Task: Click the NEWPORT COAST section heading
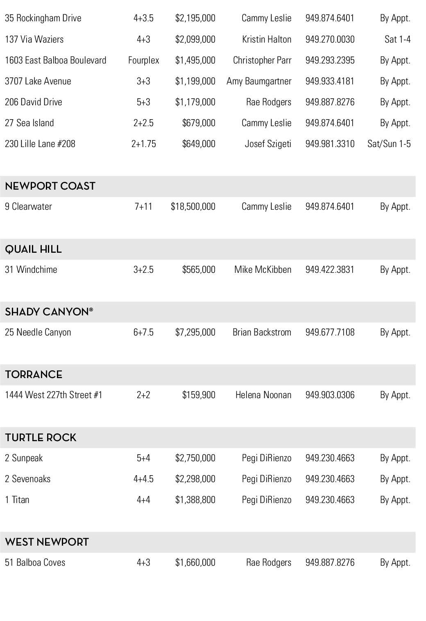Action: pos(50,186)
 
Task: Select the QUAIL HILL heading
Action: pos(33,249)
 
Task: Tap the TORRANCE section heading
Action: pos(34,375)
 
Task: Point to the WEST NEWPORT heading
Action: pos(47,542)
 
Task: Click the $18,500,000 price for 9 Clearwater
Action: pos(193,207)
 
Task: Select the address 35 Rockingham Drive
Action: pos(43,18)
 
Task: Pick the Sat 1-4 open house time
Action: pos(397,40)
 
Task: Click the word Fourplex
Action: pos(143,61)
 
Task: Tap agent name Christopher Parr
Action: pos(262,61)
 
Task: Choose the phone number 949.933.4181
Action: pos(330,82)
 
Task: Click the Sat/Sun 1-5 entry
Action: pos(389,144)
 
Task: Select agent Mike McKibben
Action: pos(263,270)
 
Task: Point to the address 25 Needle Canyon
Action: pos(38,333)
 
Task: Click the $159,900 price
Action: pos(199,395)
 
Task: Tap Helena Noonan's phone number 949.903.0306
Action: pos(330,395)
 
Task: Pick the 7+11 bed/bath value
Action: pos(143,207)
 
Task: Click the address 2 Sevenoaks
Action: pos(27,479)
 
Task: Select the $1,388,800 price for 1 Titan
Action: pos(195,500)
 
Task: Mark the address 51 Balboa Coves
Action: pos(35,563)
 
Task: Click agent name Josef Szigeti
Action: pos(268,144)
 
